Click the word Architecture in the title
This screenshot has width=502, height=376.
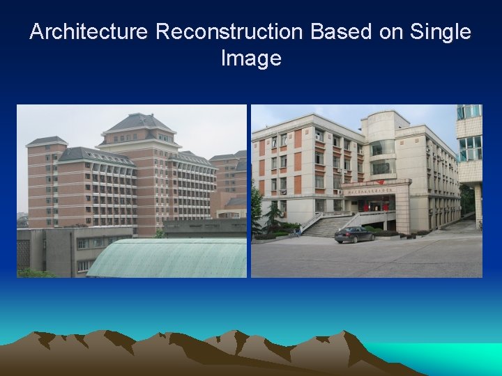tap(89, 32)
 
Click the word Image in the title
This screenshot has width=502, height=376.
tap(251, 58)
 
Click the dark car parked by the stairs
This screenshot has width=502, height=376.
tap(354, 235)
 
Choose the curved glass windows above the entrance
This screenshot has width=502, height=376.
tap(382, 157)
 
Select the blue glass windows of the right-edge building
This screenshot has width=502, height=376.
tap(469, 148)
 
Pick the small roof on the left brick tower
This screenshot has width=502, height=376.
tap(47, 141)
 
